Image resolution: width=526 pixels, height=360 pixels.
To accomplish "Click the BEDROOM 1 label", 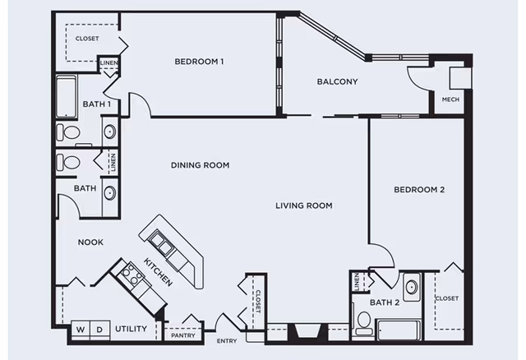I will click(199, 62).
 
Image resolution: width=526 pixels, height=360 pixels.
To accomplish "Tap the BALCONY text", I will click(337, 81).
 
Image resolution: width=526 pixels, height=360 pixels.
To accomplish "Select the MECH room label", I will click(450, 99).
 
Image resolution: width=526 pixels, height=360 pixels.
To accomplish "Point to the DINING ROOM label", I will click(200, 165).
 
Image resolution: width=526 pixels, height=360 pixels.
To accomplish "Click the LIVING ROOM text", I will click(303, 205).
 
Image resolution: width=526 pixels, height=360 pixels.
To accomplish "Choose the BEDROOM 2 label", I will click(418, 190).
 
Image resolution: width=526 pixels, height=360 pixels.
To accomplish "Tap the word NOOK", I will click(90, 242).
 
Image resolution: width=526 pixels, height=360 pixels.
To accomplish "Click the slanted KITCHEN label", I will click(158, 272).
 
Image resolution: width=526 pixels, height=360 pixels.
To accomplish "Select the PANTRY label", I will click(182, 335).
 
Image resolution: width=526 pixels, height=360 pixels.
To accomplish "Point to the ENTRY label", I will click(227, 341).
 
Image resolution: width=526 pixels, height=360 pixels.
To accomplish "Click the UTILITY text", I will click(131, 330).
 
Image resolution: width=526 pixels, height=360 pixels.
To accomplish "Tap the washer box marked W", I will click(81, 330).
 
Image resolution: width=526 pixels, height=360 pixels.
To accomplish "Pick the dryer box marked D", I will click(99, 330).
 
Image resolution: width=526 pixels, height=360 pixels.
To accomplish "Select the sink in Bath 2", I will click(411, 288).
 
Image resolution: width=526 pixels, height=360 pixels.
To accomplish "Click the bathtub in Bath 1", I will click(67, 96).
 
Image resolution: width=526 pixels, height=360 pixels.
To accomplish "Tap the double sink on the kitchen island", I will click(162, 243).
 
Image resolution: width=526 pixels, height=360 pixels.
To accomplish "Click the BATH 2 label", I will click(383, 302).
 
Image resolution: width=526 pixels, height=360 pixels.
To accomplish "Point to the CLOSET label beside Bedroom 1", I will click(86, 39).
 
